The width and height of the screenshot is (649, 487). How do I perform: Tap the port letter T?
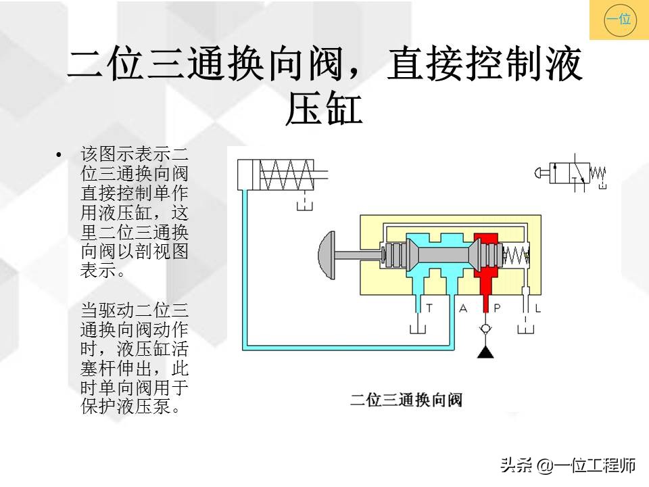429,308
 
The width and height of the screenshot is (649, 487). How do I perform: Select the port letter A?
463,308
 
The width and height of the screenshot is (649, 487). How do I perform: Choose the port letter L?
537,308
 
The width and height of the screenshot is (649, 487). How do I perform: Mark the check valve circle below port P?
485,329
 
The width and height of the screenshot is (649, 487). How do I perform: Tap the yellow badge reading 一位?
619,20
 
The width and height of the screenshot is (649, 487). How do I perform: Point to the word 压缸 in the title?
324,110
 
